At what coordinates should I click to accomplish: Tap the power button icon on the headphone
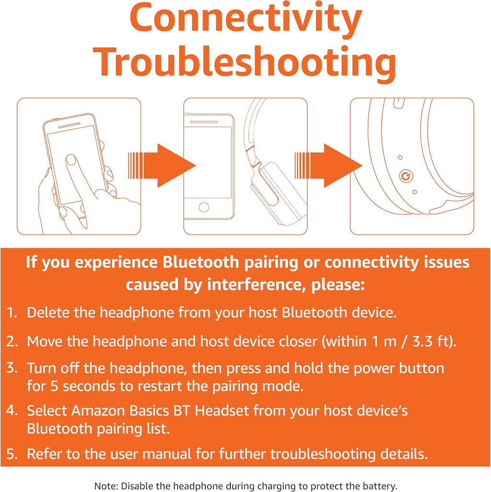pyautogui.click(x=406, y=176)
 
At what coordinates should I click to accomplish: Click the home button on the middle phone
pyautogui.click(x=204, y=207)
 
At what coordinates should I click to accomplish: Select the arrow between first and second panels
pyautogui.click(x=162, y=165)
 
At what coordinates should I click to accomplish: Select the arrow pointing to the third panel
pyautogui.click(x=328, y=165)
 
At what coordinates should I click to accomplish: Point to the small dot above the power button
pyautogui.click(x=400, y=157)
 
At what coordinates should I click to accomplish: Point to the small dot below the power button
pyautogui.click(x=415, y=192)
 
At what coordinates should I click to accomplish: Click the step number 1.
pyautogui.click(x=12, y=312)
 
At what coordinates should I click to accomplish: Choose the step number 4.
pyautogui.click(x=12, y=410)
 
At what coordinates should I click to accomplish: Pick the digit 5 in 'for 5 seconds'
pyautogui.click(x=54, y=386)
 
